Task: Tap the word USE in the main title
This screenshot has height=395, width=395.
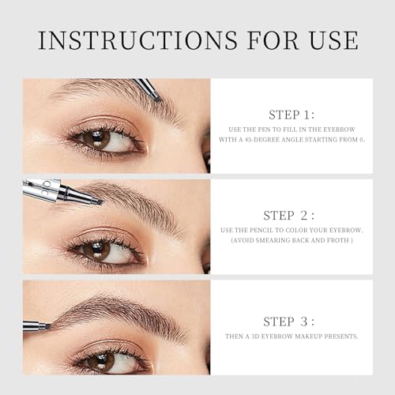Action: [x=329, y=40]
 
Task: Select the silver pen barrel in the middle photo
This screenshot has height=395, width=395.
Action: [x=43, y=190]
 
